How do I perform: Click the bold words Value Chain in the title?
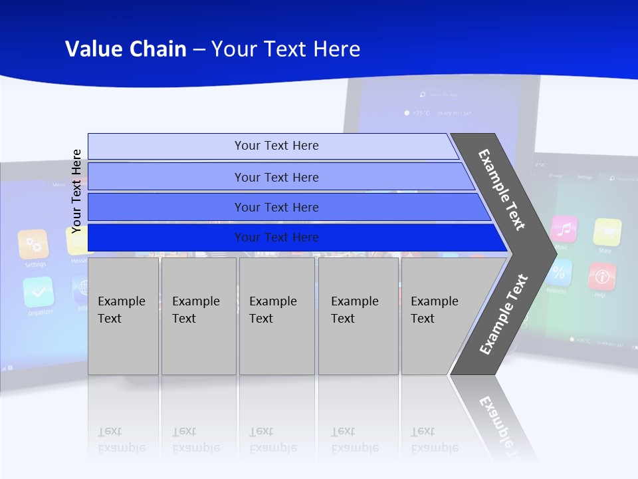pos(126,49)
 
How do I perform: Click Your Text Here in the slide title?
pos(286,49)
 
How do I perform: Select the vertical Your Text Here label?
pos(76,191)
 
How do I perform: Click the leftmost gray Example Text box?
pos(123,315)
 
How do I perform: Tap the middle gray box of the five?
pos(276,315)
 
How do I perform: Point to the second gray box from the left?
pos(199,315)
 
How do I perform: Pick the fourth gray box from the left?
pos(358,315)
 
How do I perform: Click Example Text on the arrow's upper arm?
pos(502,190)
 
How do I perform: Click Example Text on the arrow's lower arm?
pos(503,314)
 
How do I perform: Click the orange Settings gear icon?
pos(33,244)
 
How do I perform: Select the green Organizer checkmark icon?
pos(38,291)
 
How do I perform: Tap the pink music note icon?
pos(564,229)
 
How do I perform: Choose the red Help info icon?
pos(602,276)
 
